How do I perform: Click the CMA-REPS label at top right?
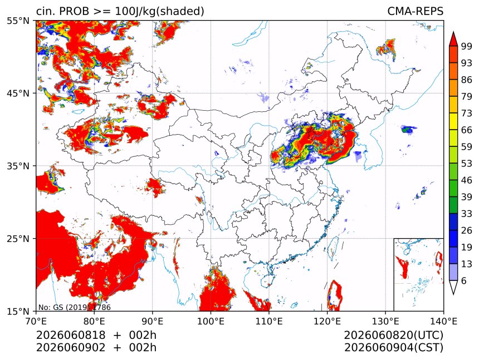(415, 11)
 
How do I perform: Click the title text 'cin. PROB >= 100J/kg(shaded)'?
(120, 11)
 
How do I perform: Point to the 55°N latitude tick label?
(18, 21)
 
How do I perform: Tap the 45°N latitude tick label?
(18, 93)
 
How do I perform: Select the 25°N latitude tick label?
(18, 239)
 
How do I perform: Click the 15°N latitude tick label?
(18, 311)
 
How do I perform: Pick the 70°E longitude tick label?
(36, 321)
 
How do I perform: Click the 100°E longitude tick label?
(211, 321)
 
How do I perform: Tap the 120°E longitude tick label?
(327, 321)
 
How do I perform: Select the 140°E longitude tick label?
(443, 321)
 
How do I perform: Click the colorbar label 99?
(467, 46)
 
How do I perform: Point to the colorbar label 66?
(467, 130)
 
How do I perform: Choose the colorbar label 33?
(467, 214)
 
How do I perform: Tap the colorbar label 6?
(464, 280)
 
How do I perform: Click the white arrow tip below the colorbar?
(453, 294)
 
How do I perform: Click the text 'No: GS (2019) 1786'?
(75, 307)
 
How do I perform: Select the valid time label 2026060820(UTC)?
(393, 336)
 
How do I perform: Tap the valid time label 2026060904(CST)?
(393, 348)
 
